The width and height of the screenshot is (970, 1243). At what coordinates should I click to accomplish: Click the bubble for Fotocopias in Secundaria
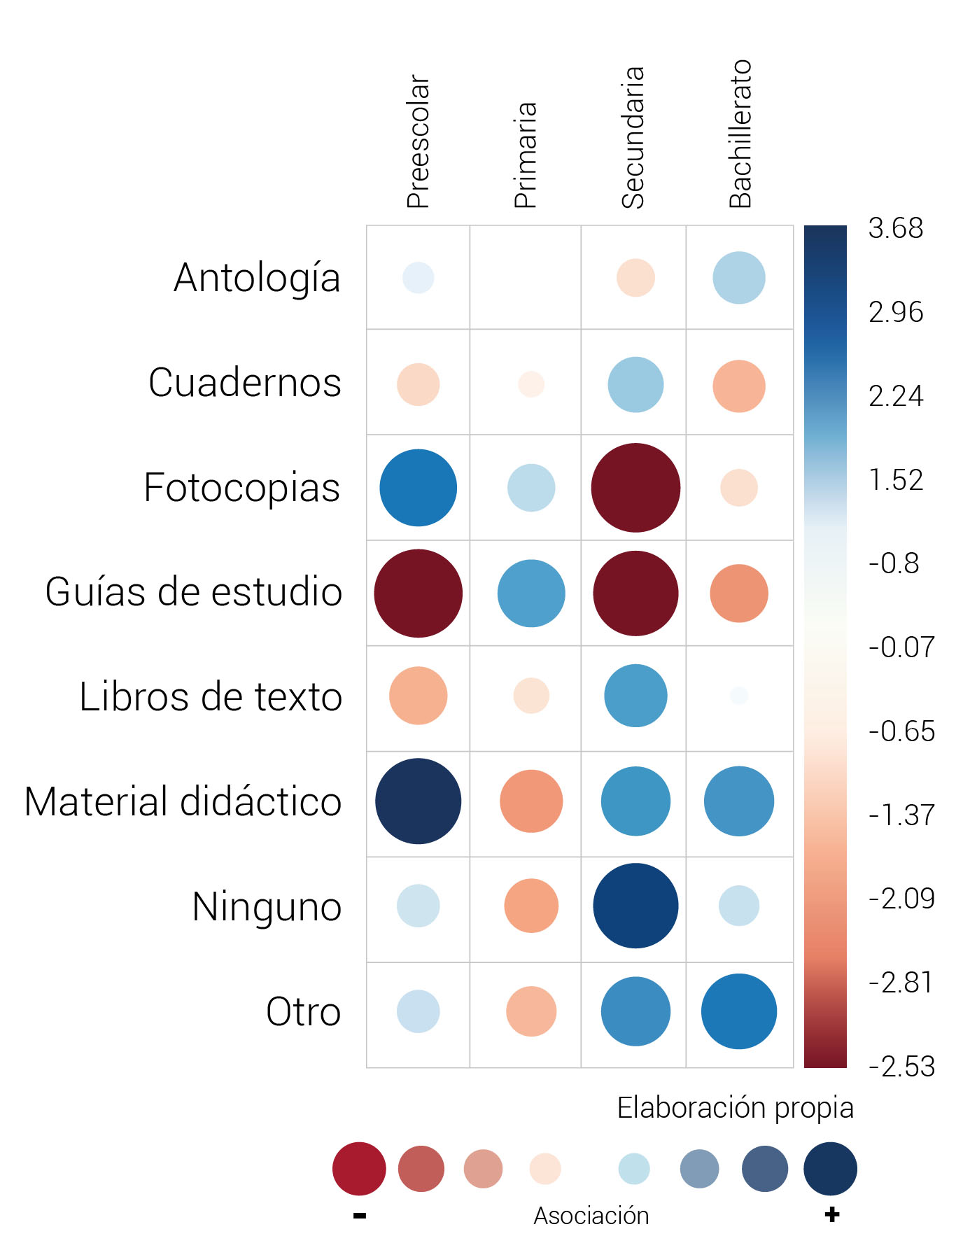(x=635, y=488)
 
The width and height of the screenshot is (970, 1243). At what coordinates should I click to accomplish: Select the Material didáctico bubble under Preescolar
(x=418, y=801)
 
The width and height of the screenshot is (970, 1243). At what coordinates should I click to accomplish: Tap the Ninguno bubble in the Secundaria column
(x=635, y=906)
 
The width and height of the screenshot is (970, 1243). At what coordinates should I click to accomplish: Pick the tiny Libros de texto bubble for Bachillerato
(x=739, y=695)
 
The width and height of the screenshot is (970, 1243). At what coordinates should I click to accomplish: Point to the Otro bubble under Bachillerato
(x=739, y=1011)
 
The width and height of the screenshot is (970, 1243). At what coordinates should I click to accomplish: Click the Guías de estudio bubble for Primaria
(x=531, y=594)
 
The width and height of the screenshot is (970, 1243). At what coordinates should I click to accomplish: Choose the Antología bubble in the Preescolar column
(x=418, y=278)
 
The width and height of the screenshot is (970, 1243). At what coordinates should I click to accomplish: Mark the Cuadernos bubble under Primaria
(x=531, y=384)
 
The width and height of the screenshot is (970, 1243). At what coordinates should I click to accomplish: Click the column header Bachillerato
(x=740, y=134)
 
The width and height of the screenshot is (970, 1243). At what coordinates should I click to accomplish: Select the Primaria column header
(x=526, y=155)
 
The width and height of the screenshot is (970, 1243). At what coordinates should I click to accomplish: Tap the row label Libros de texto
(x=211, y=697)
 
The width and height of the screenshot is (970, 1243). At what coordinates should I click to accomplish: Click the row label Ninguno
(x=267, y=907)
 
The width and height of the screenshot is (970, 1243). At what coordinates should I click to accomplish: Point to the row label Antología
(x=257, y=278)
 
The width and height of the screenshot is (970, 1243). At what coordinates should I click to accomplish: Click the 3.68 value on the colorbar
(x=896, y=229)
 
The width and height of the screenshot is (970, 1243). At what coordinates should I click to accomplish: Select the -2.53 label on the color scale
(x=901, y=1067)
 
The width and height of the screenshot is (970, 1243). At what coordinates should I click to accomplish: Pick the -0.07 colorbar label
(x=901, y=647)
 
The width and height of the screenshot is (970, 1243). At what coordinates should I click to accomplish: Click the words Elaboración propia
(x=735, y=1108)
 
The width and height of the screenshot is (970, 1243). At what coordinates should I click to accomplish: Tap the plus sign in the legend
(x=831, y=1214)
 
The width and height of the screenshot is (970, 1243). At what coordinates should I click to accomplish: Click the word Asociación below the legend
(x=591, y=1216)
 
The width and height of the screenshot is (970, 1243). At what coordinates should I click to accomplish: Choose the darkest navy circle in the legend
(x=830, y=1169)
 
